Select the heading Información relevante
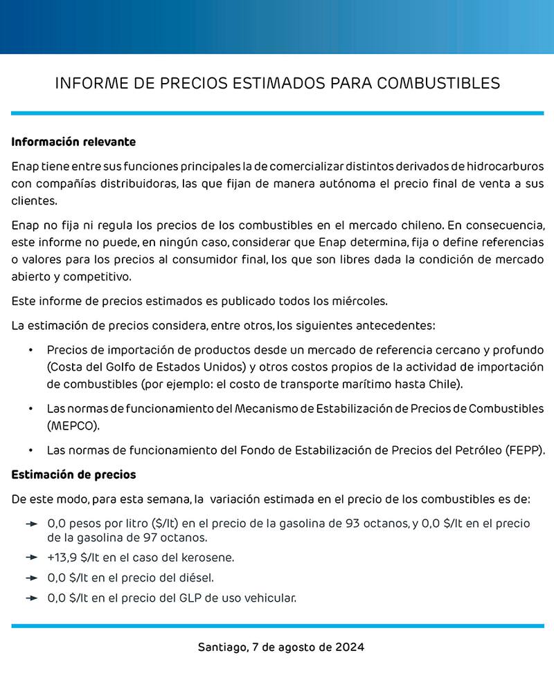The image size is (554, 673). [73, 142]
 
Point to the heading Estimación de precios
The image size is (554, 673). [73, 474]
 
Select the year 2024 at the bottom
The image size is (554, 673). [348, 648]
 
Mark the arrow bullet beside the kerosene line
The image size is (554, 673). [30, 557]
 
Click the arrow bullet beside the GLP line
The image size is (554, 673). [30, 598]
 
